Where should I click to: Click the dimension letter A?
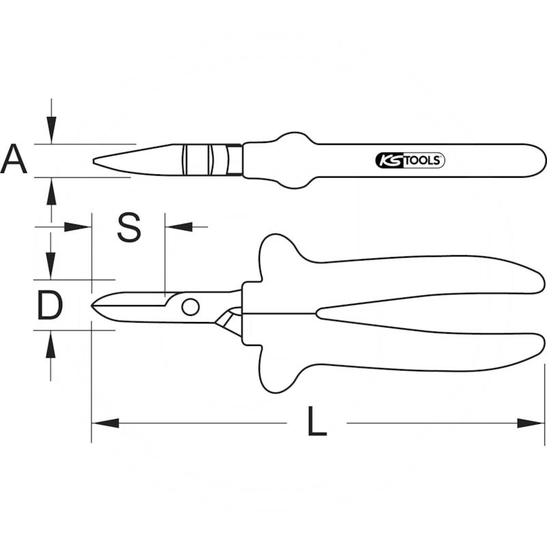(14, 160)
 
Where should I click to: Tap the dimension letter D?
(49, 306)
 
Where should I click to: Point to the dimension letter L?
(316, 423)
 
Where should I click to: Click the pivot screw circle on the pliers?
(191, 306)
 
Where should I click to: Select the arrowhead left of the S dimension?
(77, 226)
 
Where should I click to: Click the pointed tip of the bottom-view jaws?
(93, 306)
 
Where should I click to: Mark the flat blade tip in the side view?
(95, 161)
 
